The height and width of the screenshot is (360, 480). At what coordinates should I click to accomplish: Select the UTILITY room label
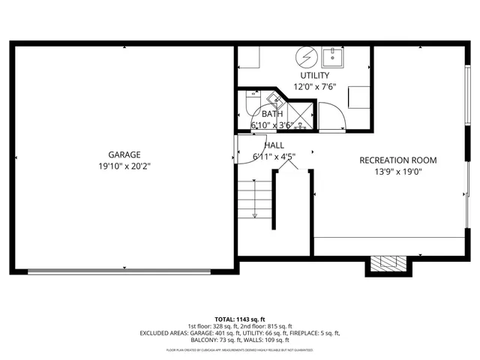314,76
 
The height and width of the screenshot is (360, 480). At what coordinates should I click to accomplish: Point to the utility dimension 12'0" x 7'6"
314,86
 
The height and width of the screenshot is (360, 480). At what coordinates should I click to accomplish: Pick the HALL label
274,145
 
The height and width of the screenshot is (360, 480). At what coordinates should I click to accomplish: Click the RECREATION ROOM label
397,160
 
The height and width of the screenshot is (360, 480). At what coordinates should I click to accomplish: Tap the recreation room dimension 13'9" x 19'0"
397,172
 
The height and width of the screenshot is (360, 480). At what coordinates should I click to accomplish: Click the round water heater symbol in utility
305,56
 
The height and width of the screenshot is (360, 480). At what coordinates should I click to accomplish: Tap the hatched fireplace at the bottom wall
388,263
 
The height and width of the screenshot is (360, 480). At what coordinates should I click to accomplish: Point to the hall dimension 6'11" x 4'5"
273,157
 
